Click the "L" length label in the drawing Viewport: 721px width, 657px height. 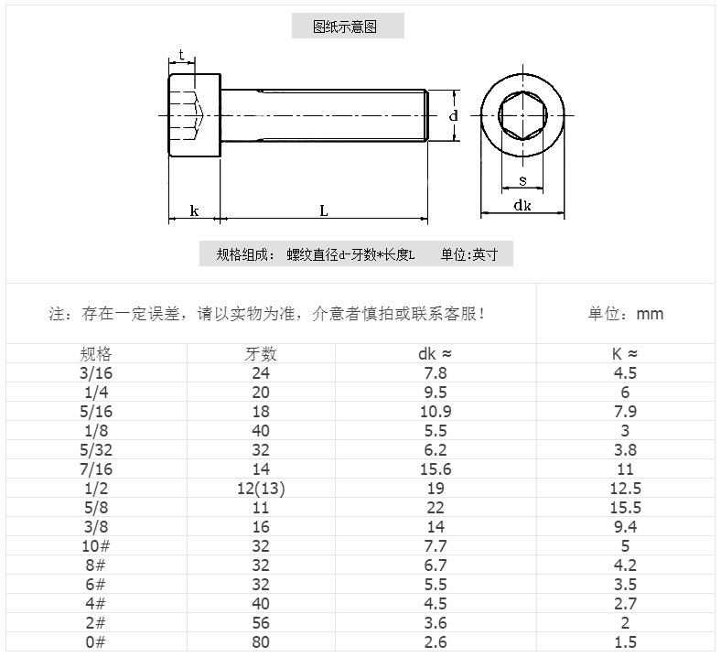pos(324,210)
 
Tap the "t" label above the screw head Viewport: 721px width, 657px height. pos(183,56)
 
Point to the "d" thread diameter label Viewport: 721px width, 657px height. pos(453,116)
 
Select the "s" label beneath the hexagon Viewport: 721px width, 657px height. pos(522,179)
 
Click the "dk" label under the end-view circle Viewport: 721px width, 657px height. pos(522,206)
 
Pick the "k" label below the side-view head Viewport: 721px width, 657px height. pos(194,210)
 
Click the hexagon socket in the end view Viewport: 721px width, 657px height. pos(522,116)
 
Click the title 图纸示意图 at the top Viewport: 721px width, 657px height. pos(347,27)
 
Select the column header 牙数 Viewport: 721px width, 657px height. pos(261,354)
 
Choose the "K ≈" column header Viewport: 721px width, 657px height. pos(625,354)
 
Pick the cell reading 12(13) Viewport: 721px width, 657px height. pos(261,489)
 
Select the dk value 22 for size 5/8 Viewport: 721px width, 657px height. pos(435,508)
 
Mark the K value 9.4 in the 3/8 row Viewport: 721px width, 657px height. pos(625,527)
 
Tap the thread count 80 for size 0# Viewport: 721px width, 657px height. pos(261,642)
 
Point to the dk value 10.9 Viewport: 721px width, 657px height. pos(435,412)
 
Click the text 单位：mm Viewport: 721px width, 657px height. pos(625,314)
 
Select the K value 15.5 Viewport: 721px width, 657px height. pos(625,508)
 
